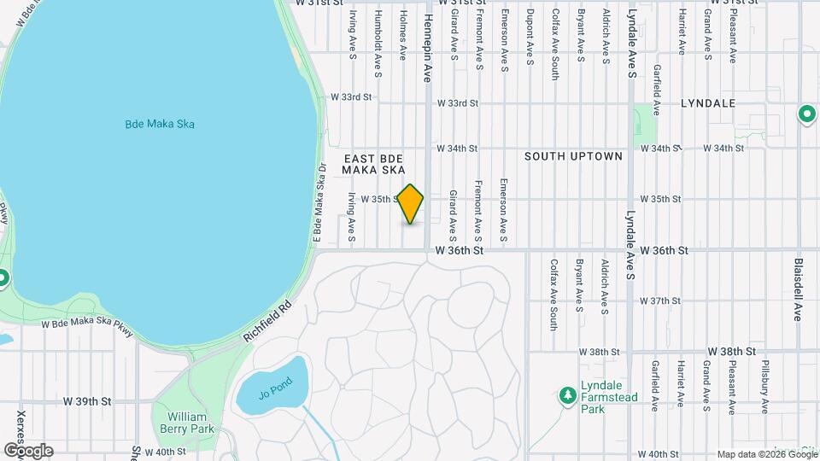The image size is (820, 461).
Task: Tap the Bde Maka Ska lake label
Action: tap(160, 125)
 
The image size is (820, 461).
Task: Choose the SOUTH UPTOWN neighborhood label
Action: tap(573, 156)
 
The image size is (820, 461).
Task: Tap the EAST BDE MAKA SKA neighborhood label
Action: tap(373, 164)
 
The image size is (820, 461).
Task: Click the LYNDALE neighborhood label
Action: tap(708, 103)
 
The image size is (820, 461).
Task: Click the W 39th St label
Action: tap(94, 400)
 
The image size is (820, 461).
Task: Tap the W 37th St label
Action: tap(659, 301)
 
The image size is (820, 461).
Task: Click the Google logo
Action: tap(28, 451)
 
